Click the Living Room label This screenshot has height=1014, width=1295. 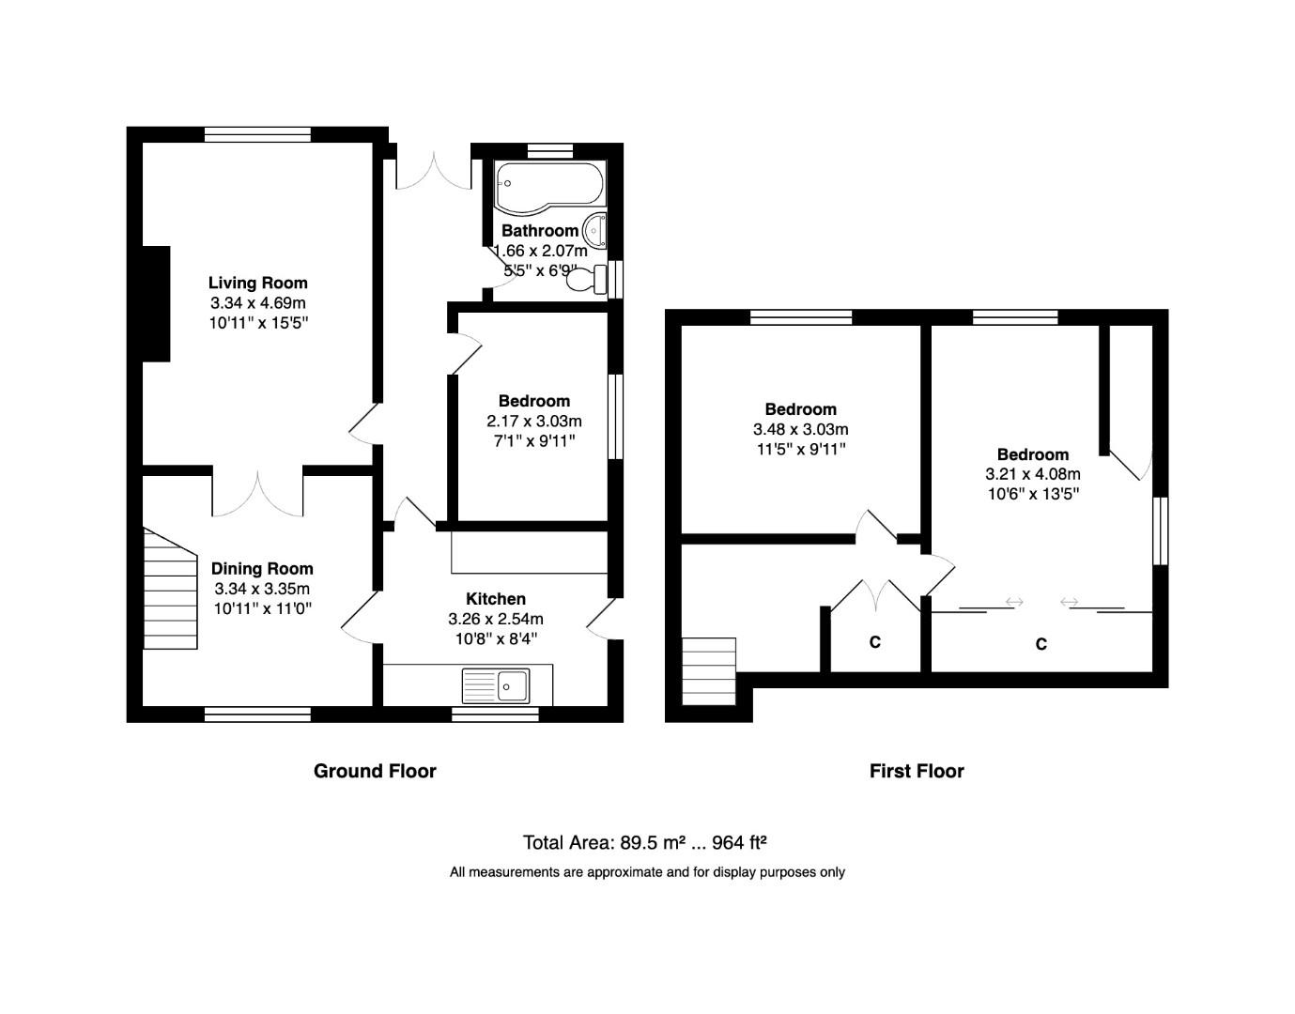tap(257, 283)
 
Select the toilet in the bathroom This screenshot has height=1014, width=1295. tap(588, 279)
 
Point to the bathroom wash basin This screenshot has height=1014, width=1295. tap(595, 230)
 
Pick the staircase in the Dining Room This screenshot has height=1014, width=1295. tap(168, 588)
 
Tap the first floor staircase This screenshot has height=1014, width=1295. tap(708, 671)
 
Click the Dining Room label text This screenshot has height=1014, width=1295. tap(262, 568)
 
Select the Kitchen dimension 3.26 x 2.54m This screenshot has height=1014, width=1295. tap(496, 620)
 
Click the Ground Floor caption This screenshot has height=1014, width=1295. tap(375, 771)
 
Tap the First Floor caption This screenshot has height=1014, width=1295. tap(917, 771)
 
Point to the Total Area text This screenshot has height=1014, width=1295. tap(647, 842)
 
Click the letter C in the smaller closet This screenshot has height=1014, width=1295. tap(874, 642)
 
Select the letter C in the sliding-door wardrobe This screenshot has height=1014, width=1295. tap(1041, 644)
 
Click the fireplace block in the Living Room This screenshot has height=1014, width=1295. tap(155, 303)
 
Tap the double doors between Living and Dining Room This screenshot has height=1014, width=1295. tap(257, 491)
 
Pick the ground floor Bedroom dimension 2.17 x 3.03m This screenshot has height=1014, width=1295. tap(533, 421)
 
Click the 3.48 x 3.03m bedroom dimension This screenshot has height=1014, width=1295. tap(800, 429)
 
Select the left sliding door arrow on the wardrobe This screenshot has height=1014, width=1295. tap(1013, 602)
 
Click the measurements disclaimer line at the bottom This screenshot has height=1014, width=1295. tap(647, 872)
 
